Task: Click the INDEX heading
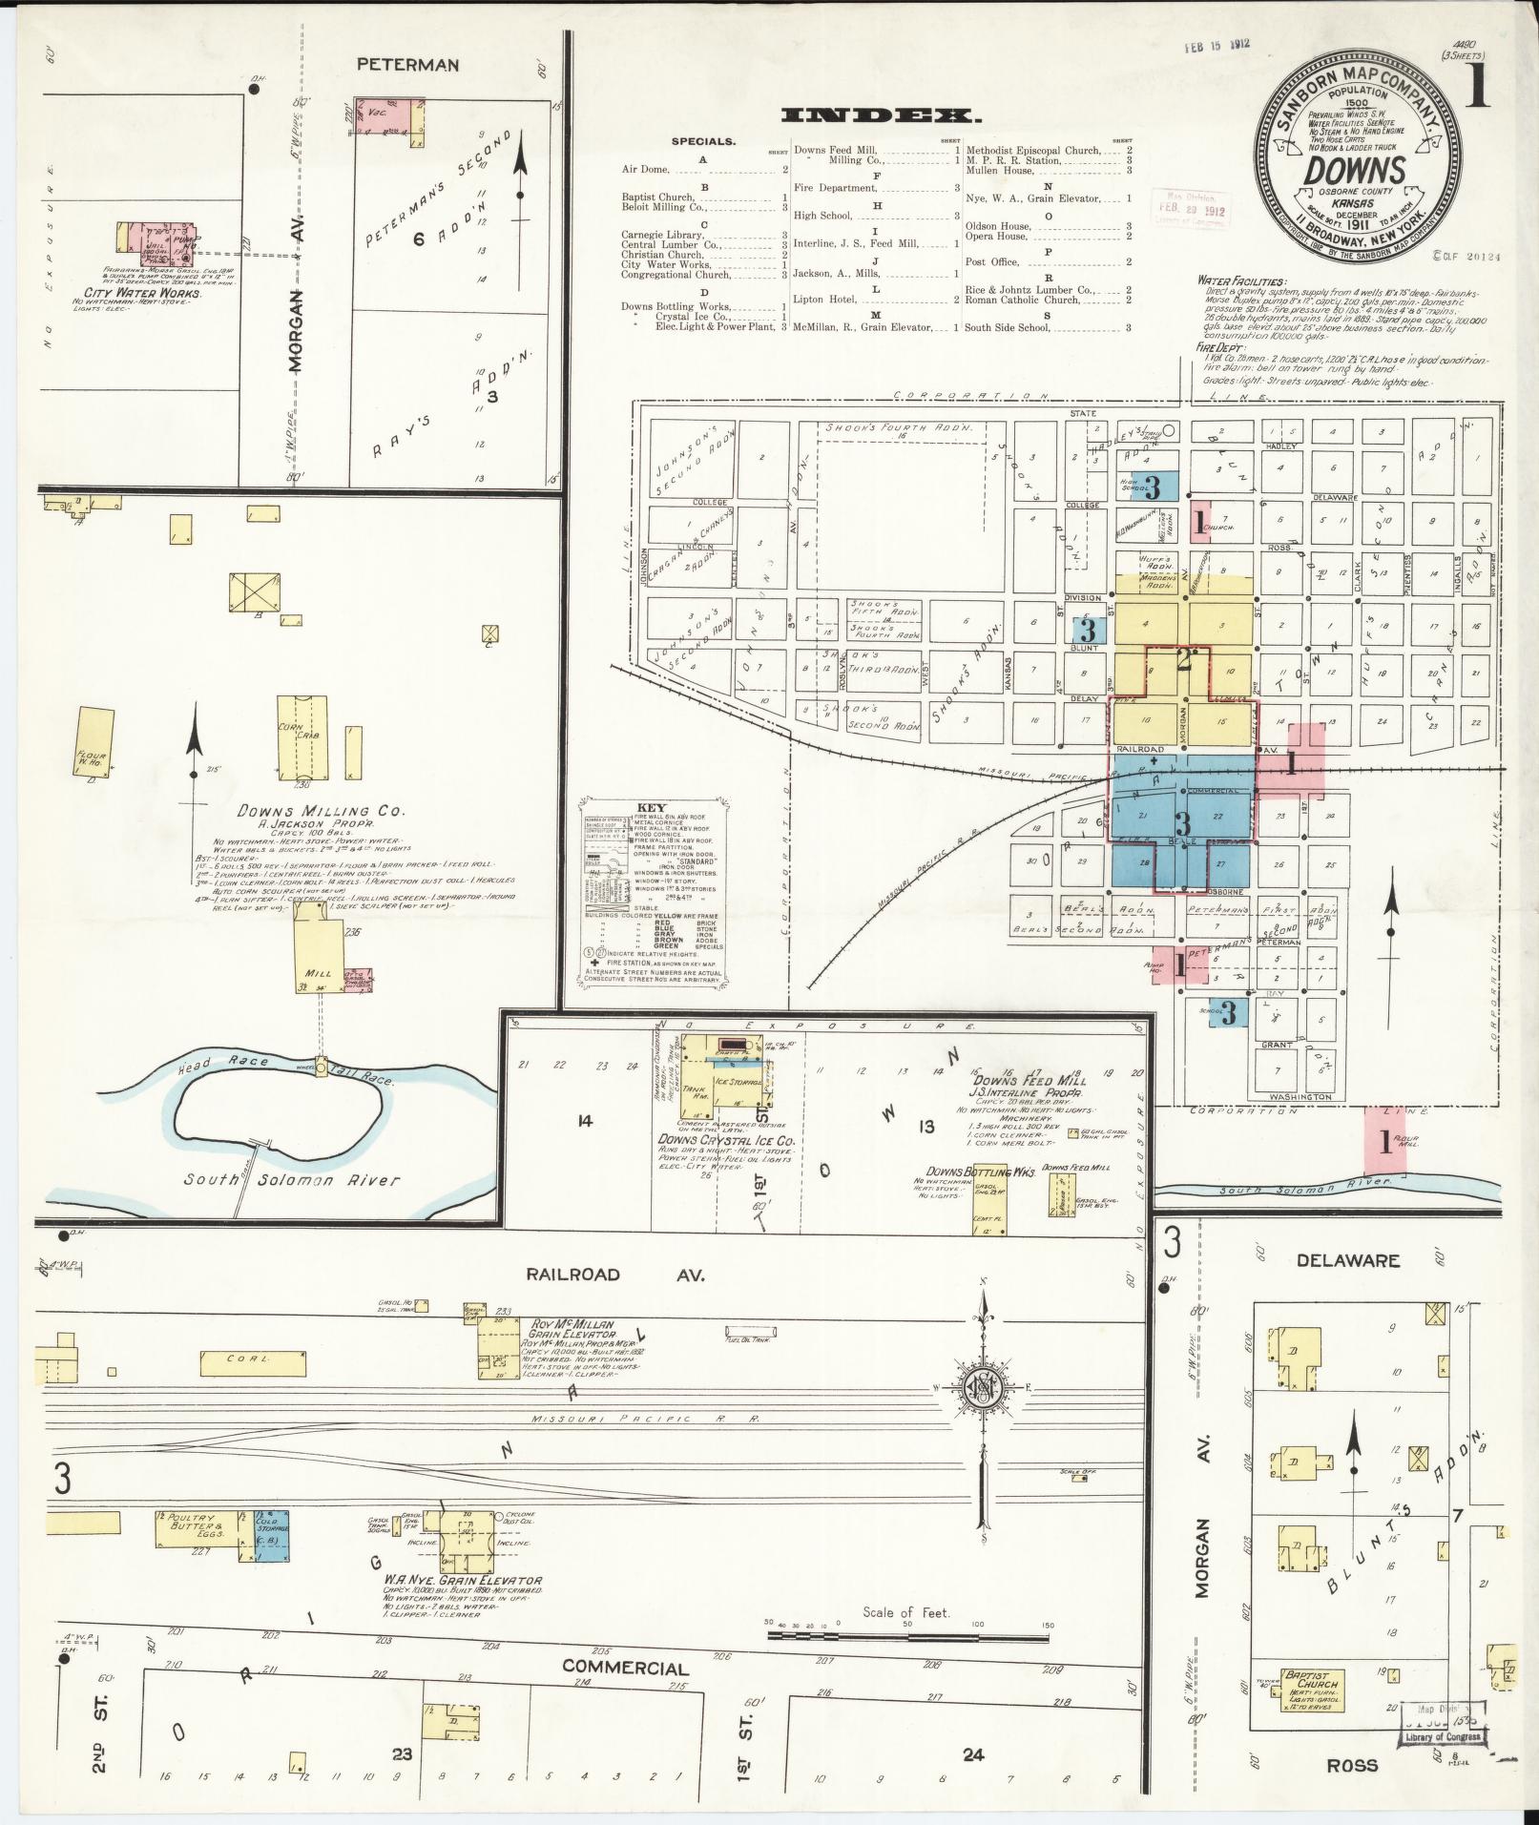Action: pyautogui.click(x=880, y=116)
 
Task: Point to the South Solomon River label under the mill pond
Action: pyautogui.click(x=292, y=1180)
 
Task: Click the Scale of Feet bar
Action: pyautogui.click(x=906, y=1635)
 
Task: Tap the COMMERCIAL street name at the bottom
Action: pyautogui.click(x=625, y=1667)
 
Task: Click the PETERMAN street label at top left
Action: pyautogui.click(x=407, y=65)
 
